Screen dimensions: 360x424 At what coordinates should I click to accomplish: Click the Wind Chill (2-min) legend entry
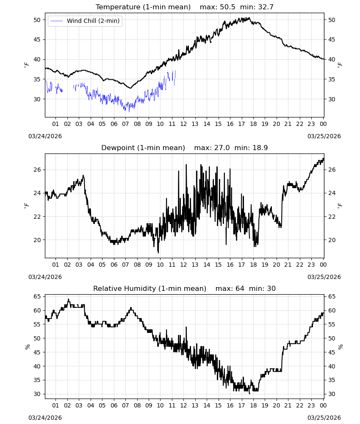(x=85, y=21)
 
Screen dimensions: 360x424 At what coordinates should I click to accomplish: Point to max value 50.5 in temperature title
(x=227, y=7)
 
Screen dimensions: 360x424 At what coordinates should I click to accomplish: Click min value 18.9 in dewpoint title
(x=260, y=148)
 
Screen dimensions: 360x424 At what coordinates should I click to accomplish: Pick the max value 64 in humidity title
(x=240, y=288)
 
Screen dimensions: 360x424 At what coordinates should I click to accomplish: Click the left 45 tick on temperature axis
(x=37, y=40)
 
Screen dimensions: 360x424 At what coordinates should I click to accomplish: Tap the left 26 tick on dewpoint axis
(x=37, y=170)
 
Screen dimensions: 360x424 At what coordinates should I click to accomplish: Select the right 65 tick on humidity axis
(x=332, y=297)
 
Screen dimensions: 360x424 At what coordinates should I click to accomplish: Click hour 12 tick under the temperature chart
(x=183, y=124)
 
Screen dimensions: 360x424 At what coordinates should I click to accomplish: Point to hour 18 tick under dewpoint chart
(x=253, y=265)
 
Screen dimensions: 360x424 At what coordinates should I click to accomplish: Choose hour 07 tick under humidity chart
(x=125, y=406)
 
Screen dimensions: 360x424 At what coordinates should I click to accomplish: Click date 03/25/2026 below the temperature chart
(x=324, y=136)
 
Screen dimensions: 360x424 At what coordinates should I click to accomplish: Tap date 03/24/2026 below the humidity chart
(x=45, y=418)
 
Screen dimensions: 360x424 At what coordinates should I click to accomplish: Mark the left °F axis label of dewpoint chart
(x=26, y=206)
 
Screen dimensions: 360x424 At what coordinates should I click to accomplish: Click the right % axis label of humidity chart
(x=340, y=347)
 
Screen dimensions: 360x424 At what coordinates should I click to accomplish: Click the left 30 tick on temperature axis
(x=37, y=99)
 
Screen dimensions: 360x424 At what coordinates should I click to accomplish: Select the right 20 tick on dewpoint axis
(x=332, y=240)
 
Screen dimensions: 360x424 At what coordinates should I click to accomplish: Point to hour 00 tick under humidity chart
(x=323, y=406)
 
